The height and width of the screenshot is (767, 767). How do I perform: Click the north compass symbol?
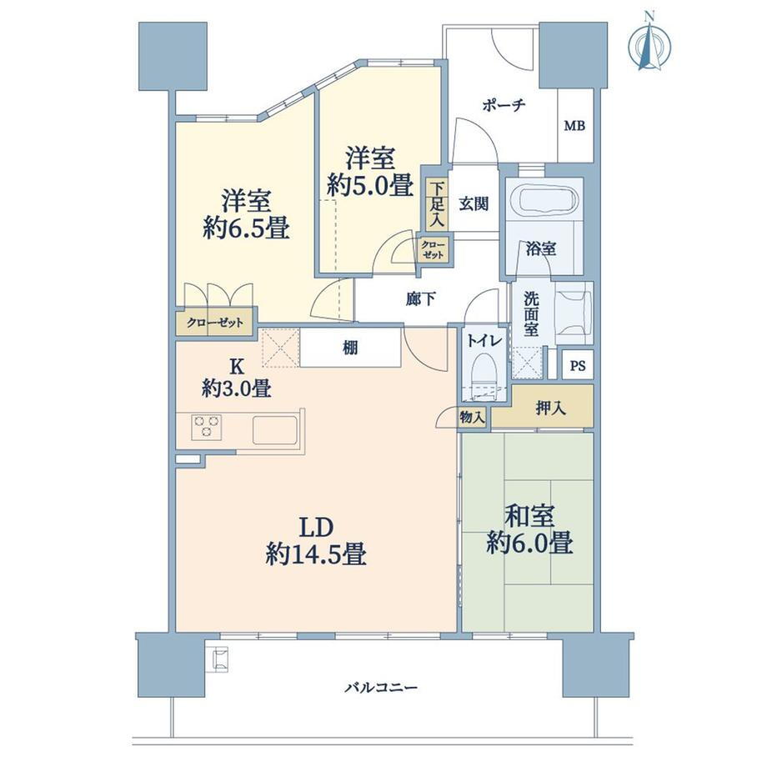coord(649,43)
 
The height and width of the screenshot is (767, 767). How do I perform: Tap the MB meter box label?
coord(574,127)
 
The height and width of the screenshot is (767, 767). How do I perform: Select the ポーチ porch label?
coord(503,106)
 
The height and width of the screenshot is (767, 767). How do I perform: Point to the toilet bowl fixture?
coord(483,370)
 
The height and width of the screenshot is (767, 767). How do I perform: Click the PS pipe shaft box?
coord(577,364)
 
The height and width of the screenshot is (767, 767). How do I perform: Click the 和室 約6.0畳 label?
coord(529,531)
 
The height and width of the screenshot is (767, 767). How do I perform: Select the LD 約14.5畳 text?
coord(317,541)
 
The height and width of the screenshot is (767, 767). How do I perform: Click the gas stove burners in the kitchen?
coord(206,427)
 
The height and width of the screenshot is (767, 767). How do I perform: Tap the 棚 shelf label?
coord(350,348)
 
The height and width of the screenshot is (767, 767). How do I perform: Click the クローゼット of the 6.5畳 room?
coord(214,323)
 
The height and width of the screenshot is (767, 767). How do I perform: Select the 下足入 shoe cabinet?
coord(438,205)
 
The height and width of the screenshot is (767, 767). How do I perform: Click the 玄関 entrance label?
coord(474,205)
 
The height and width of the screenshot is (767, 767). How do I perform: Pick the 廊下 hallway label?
coord(421,299)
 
